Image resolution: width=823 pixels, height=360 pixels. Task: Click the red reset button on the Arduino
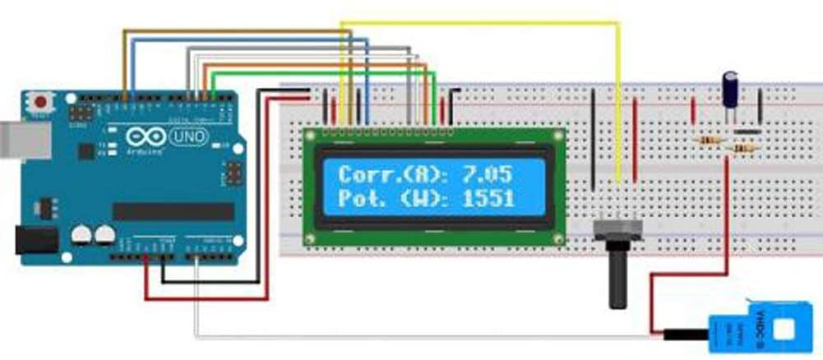click(39, 103)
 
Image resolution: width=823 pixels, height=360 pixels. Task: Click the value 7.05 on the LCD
click(488, 173)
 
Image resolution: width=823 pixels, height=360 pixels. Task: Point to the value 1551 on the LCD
click(488, 198)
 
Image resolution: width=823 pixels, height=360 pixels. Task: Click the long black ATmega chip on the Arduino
click(173, 212)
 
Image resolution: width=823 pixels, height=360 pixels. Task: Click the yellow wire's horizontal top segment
click(477, 23)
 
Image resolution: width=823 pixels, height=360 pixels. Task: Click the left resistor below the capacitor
click(709, 141)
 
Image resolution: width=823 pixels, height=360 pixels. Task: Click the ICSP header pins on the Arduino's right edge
click(232, 173)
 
